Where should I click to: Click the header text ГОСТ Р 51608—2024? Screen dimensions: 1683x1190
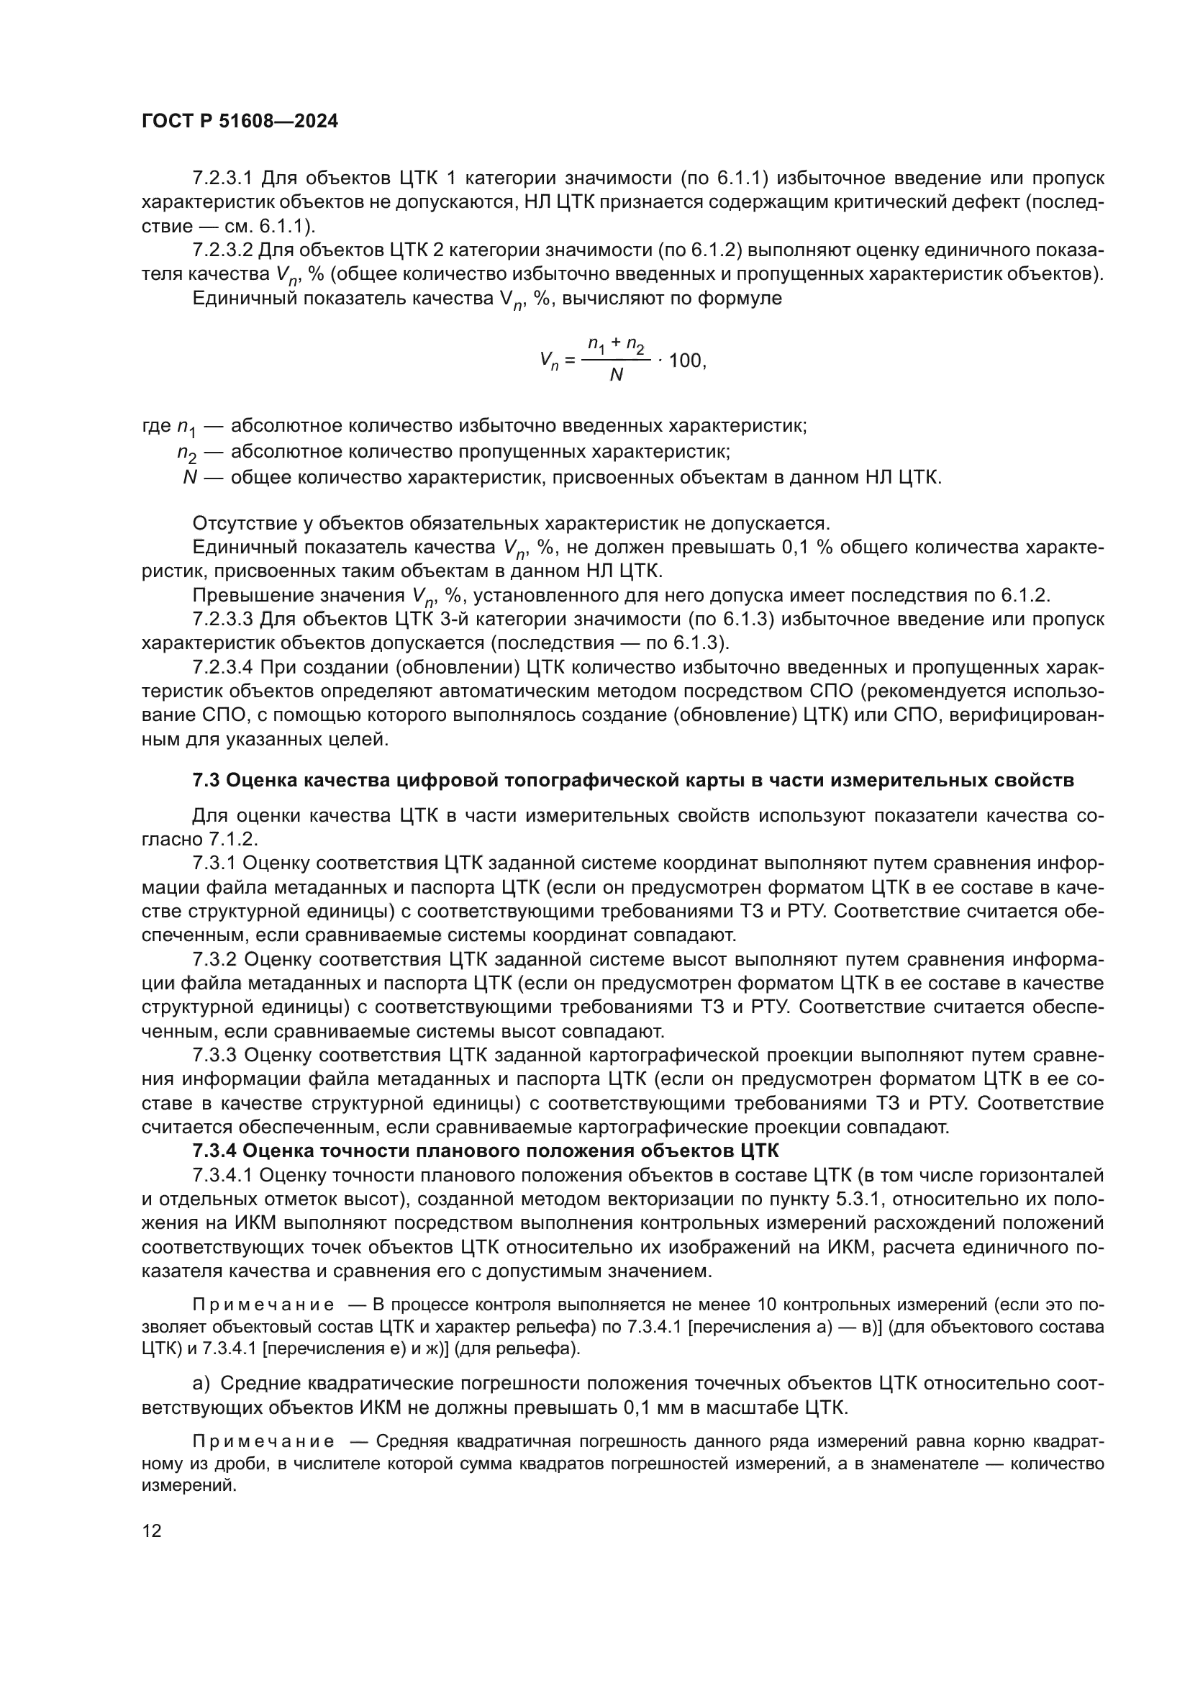pos(240,122)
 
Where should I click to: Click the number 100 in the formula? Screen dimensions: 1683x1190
pos(685,360)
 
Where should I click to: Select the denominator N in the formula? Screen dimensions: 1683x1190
pos(616,376)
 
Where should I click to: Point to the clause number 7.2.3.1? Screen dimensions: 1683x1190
pos(222,178)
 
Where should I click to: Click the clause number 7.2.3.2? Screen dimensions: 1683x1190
pos(222,250)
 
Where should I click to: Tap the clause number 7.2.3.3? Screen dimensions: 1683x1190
pos(222,620)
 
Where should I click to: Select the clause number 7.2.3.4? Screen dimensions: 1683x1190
pos(222,668)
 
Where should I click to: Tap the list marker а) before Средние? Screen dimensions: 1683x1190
pos(201,1383)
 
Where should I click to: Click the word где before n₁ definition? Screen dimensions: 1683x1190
pos(156,426)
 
